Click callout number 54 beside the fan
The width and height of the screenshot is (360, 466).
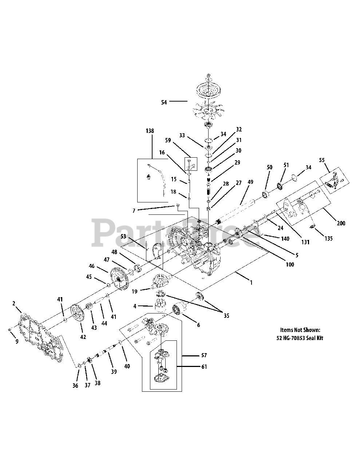coord(164,103)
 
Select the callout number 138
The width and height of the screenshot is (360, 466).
coord(149,131)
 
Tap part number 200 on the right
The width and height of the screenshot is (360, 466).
coord(341,223)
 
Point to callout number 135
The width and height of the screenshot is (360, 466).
coord(328,239)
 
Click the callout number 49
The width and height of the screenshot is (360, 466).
coord(250,182)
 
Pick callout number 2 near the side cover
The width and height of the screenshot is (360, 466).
coord(14,303)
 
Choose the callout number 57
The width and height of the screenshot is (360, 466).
coord(204,355)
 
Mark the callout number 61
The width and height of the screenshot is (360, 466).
coord(204,367)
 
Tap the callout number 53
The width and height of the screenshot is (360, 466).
coord(123,237)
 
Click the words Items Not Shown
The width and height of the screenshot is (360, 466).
coord(300,330)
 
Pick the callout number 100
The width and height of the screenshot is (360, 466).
coord(290,265)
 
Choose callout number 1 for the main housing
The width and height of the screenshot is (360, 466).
coord(250,282)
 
